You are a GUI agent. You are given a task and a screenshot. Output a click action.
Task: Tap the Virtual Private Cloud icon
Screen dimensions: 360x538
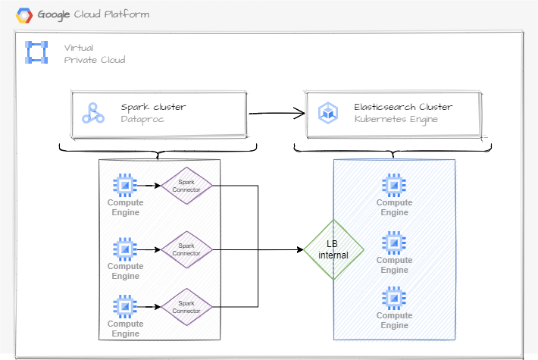point(36,52)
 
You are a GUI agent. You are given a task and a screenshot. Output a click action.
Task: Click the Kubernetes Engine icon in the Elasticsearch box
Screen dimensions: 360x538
point(327,113)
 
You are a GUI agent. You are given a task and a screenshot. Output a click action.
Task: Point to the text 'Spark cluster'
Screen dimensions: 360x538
point(153,107)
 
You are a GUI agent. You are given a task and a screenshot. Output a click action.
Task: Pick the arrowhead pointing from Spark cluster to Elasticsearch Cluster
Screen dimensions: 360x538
point(301,114)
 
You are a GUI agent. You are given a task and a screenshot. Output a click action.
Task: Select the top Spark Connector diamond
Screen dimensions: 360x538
point(186,186)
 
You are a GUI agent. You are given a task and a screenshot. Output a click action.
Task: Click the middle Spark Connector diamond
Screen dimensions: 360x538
point(186,249)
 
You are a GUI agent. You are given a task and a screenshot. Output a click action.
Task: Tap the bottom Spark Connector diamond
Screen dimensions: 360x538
point(186,307)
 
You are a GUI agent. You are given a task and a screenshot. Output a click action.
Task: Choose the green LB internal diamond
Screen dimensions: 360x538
point(334,249)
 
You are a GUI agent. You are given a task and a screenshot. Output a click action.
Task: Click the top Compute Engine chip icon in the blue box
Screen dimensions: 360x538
point(393,185)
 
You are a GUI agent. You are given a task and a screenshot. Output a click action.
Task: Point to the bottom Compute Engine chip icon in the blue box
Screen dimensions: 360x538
point(393,297)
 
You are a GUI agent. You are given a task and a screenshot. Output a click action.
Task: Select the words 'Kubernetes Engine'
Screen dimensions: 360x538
point(395,120)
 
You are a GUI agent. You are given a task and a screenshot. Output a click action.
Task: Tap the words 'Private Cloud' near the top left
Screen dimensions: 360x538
point(95,60)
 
